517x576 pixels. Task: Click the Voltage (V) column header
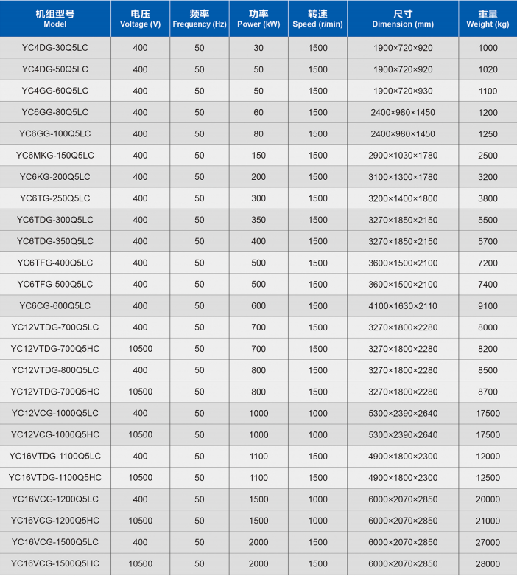pos(140,19)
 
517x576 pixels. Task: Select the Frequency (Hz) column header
pos(199,19)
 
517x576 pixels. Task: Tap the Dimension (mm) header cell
pos(403,19)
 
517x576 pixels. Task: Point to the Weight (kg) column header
pos(488,19)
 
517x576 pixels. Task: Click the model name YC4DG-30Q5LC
pos(55,48)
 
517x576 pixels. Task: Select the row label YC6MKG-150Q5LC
pos(55,156)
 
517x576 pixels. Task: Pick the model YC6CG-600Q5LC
pos(55,306)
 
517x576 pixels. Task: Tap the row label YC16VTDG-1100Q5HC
pos(55,478)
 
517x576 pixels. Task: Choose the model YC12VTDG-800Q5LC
pos(55,370)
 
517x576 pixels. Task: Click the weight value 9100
pos(488,306)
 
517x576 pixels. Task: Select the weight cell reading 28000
pos(488,564)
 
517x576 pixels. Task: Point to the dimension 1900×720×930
pos(403,91)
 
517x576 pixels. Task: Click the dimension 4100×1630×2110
pos(403,306)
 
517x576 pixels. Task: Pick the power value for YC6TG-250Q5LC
pos(258,198)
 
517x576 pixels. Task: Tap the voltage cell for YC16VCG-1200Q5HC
pos(140,521)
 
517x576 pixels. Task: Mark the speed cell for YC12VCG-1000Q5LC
pos(317,413)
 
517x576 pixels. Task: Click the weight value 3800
pos(488,198)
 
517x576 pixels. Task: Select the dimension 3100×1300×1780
pos(403,177)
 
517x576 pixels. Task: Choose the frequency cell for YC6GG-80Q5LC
pos(199,112)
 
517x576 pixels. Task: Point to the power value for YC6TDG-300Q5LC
pos(258,220)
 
